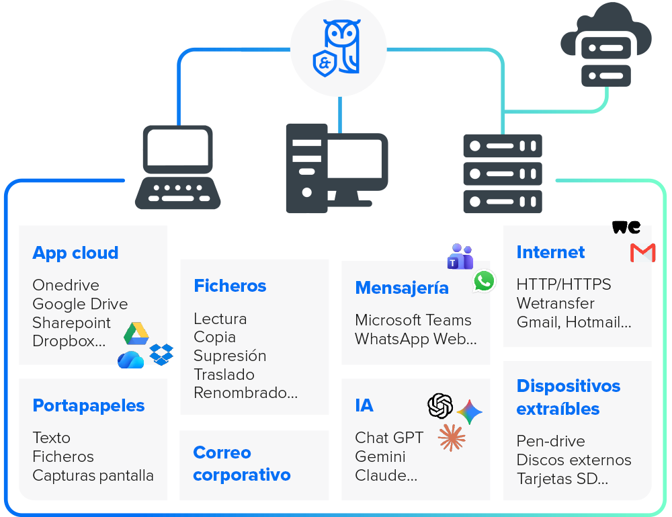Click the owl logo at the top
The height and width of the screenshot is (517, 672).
click(337, 48)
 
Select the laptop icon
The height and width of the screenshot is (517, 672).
click(178, 167)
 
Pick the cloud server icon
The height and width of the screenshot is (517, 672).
click(606, 45)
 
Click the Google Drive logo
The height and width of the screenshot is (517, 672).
click(136, 333)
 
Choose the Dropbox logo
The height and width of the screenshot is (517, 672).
click(161, 354)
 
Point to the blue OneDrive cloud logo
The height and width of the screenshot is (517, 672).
click(131, 360)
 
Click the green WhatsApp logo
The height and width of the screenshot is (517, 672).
click(485, 281)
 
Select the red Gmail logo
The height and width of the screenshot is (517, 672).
click(643, 253)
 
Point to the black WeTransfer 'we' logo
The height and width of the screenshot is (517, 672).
click(626, 227)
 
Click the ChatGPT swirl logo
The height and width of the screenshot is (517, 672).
click(440, 405)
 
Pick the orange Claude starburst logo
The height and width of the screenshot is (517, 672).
click(452, 438)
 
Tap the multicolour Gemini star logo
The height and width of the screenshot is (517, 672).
click(470, 412)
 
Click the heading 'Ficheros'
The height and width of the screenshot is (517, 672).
click(230, 286)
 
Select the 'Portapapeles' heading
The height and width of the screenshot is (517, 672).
click(89, 406)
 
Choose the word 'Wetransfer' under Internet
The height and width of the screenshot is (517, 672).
click(556, 303)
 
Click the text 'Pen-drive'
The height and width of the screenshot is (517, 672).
click(551, 441)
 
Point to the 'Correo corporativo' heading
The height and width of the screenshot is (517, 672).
click(242, 464)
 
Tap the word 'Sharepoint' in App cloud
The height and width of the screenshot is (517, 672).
click(72, 323)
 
